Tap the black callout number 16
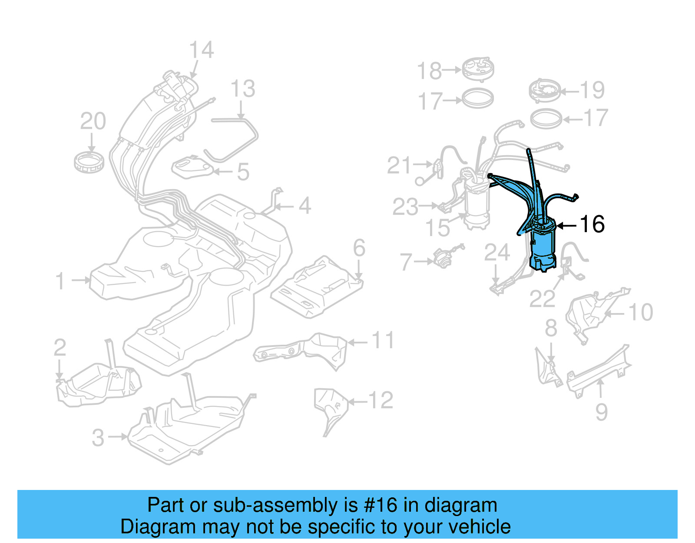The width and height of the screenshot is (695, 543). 592,224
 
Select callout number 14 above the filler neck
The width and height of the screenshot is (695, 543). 202,50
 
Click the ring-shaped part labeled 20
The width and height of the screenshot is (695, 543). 89,162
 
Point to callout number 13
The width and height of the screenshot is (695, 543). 242,89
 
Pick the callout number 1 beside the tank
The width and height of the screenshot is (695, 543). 60,281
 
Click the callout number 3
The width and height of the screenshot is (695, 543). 98,437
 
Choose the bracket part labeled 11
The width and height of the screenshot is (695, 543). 304,350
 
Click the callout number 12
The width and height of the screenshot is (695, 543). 381,400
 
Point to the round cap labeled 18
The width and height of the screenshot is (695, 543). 477,69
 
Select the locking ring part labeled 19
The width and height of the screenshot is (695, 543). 544,91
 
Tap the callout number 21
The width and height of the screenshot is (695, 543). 399,166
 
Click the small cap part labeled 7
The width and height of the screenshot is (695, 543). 443,260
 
